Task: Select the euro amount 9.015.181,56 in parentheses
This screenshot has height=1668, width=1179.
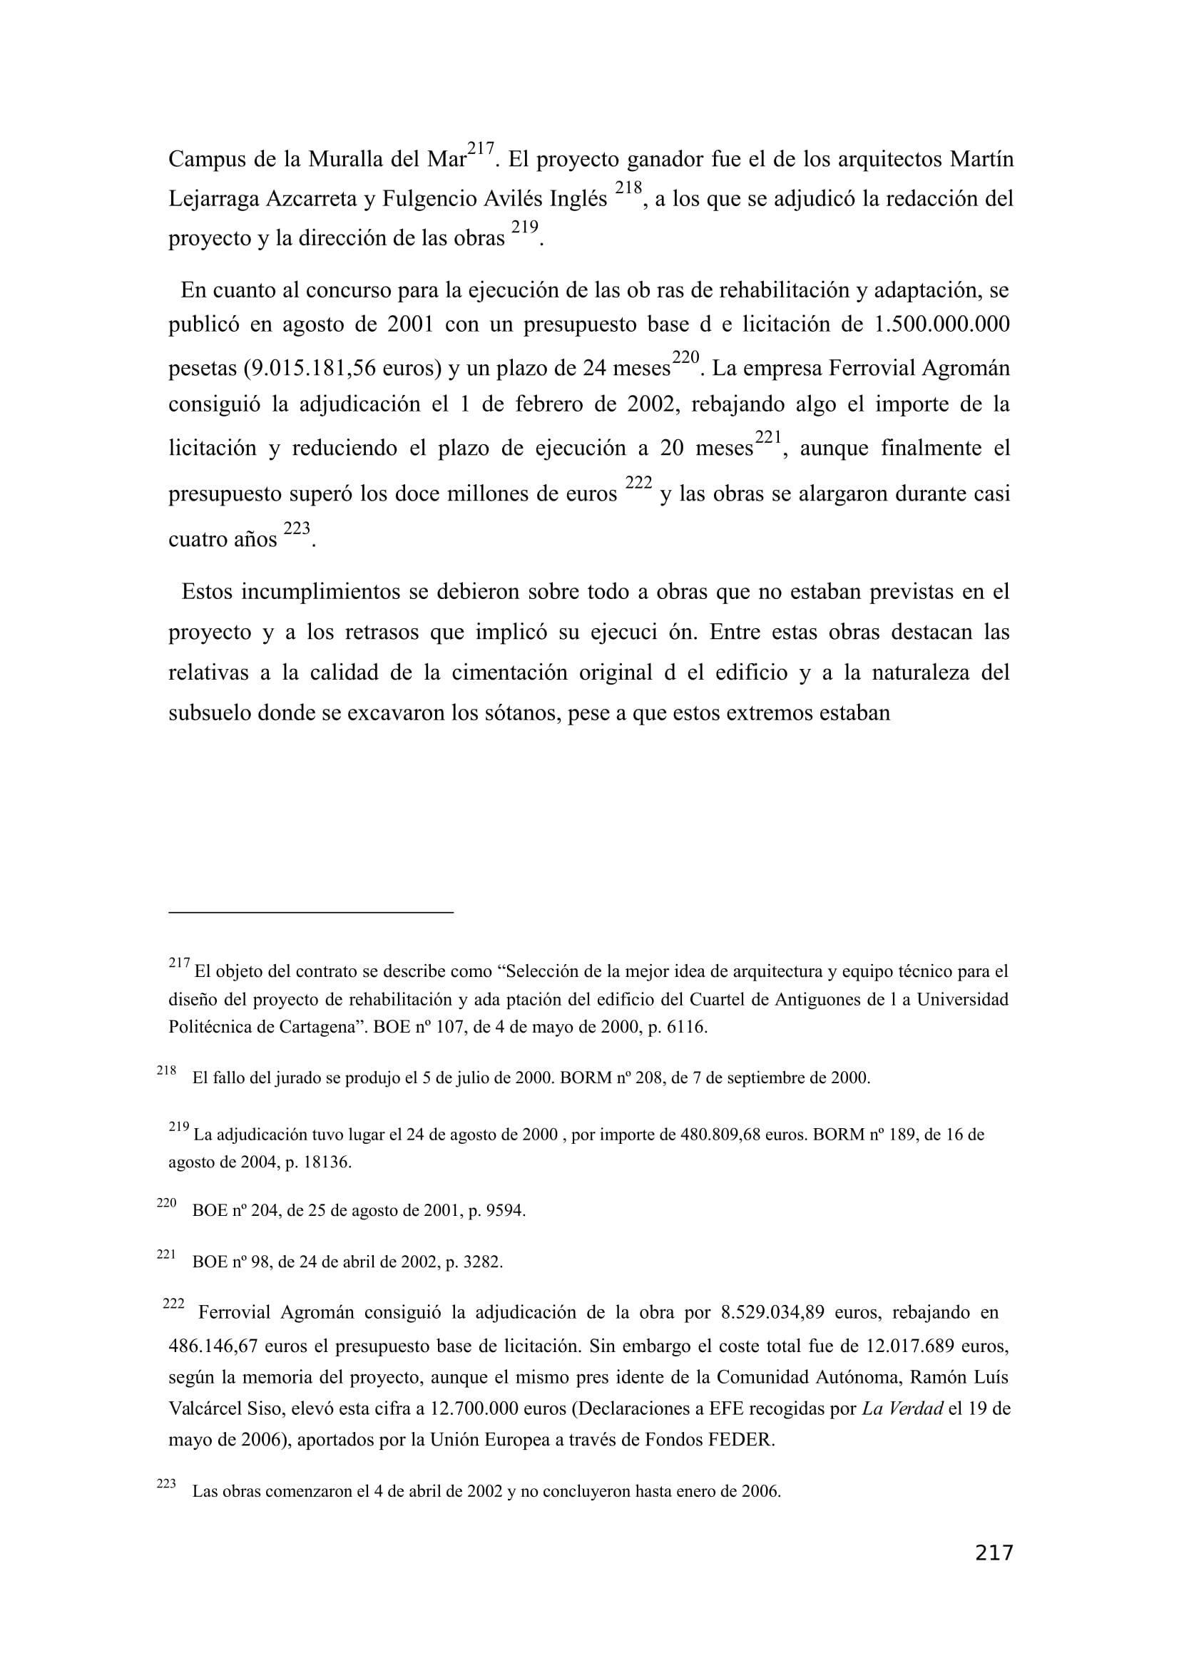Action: pyautogui.click(x=309, y=369)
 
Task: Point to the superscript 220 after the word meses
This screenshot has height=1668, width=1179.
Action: pyautogui.click(x=685, y=357)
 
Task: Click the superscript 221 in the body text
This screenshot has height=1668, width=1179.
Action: pyautogui.click(x=768, y=436)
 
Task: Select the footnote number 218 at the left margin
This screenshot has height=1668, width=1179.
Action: pyautogui.click(x=166, y=1070)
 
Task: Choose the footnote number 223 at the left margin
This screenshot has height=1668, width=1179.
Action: pyautogui.click(x=166, y=1483)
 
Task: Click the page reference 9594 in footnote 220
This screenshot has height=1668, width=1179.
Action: pyautogui.click(x=504, y=1211)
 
